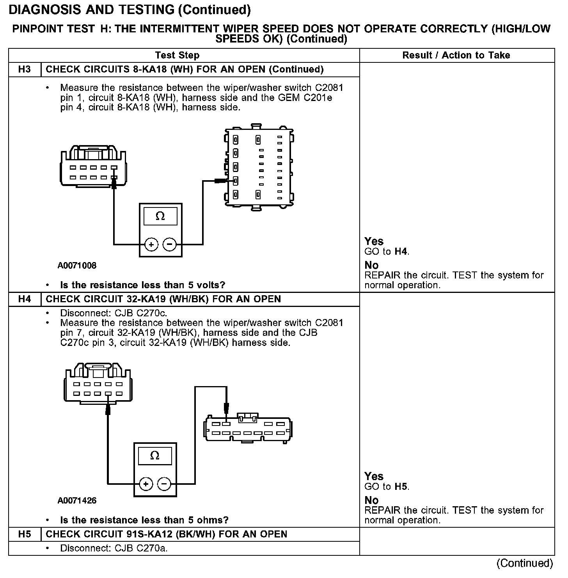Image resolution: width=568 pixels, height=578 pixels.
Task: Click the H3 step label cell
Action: [24, 69]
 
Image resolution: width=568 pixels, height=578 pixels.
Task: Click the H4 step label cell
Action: [24, 299]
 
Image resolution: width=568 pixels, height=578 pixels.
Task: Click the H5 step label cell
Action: [24, 534]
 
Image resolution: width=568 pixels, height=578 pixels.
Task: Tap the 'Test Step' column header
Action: [177, 55]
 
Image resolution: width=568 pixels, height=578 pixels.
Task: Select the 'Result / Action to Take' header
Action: [456, 55]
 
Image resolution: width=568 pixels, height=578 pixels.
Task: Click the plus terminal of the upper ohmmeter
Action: [151, 245]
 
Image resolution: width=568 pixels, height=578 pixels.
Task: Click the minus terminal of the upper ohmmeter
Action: [169, 245]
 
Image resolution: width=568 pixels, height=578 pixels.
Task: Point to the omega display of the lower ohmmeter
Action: [155, 456]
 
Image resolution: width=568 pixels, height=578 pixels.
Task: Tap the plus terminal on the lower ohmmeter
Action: [146, 484]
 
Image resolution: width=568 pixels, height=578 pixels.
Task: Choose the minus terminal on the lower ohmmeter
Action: [164, 484]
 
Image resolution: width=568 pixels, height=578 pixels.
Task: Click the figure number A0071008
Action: [77, 266]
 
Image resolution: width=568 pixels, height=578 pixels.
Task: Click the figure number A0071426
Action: [77, 500]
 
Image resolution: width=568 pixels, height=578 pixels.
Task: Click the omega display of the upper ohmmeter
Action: [160, 216]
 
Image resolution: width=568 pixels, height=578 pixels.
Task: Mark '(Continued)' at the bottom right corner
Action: [525, 563]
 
